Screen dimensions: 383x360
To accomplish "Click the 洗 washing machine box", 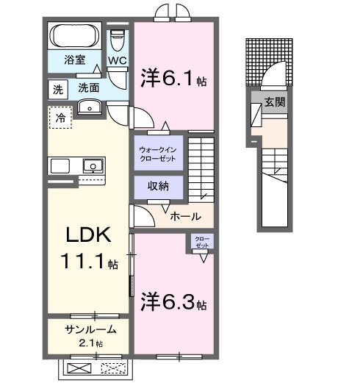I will (57, 90).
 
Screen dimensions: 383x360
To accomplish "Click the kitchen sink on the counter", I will (93, 166).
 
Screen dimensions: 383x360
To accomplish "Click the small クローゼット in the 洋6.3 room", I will (201, 242).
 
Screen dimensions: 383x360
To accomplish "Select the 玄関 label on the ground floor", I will (275, 102).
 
